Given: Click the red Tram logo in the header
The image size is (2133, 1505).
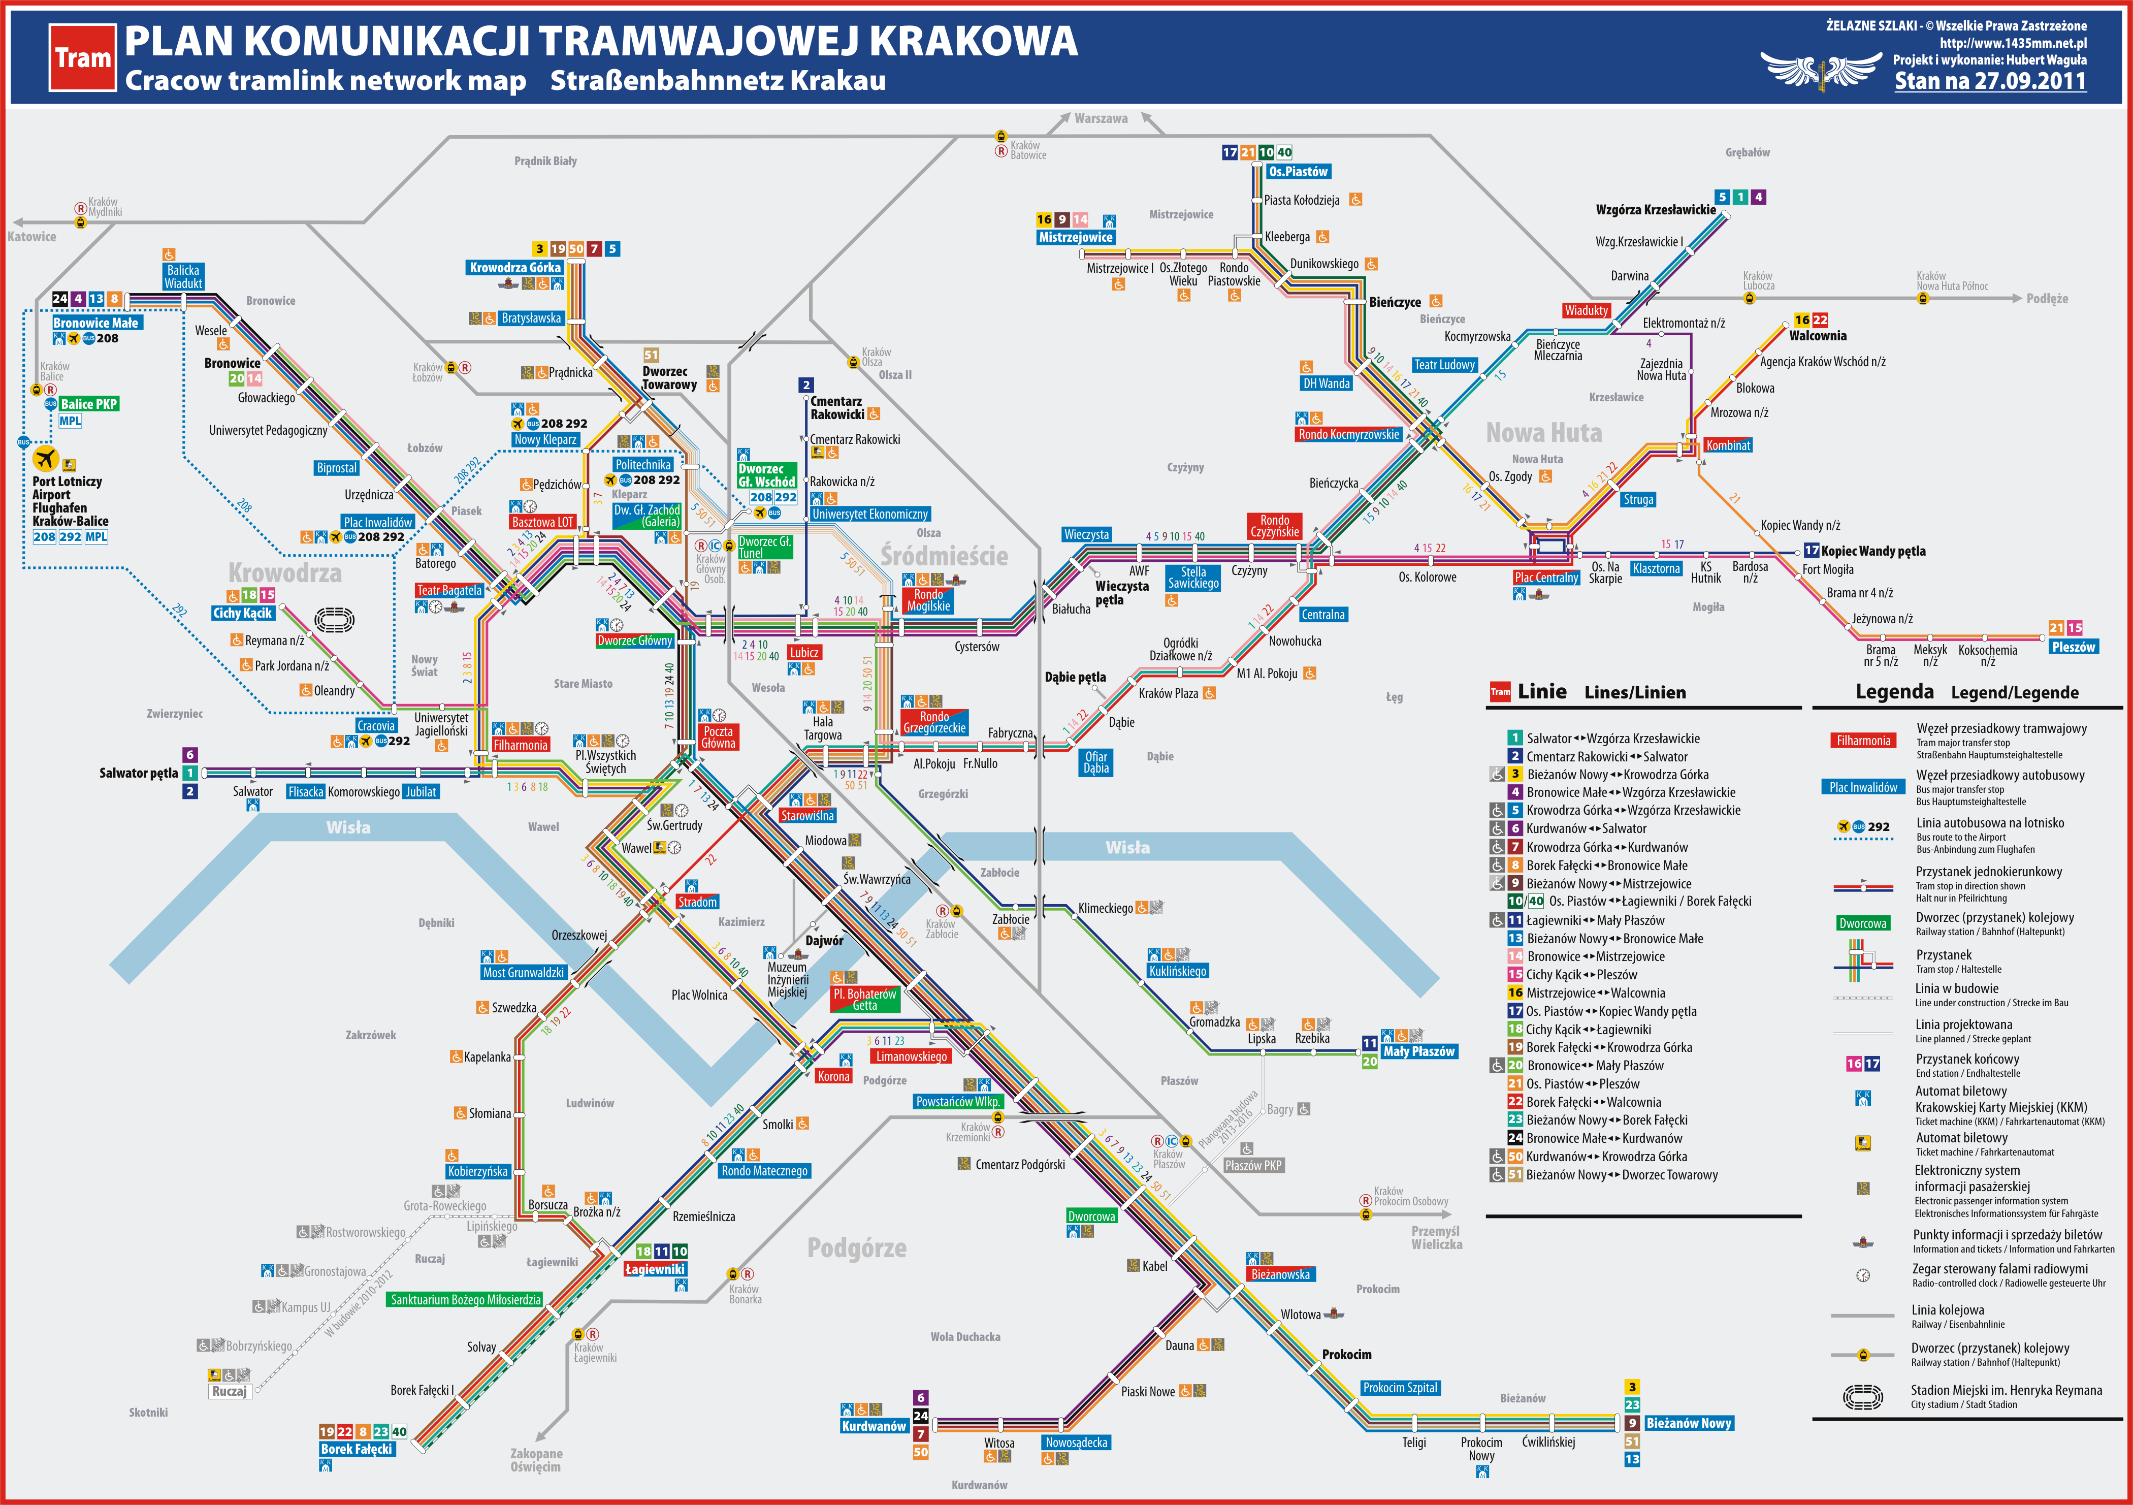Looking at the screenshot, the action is click(83, 57).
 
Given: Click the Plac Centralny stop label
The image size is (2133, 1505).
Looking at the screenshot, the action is click(1546, 578).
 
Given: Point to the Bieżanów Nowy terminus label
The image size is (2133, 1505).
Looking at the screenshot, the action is click(1688, 1423).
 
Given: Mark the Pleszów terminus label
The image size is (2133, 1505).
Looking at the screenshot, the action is click(2074, 647).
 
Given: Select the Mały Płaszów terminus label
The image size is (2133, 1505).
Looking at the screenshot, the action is click(1418, 1051).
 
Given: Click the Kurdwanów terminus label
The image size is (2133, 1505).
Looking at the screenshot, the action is click(874, 1426).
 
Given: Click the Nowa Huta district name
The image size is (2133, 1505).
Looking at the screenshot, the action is click(1544, 433).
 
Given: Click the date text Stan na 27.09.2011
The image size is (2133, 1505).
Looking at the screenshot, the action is click(1990, 81).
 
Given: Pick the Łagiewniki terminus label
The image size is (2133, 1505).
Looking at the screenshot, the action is click(655, 1269).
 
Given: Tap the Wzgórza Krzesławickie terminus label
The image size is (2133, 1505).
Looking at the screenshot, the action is click(1656, 210).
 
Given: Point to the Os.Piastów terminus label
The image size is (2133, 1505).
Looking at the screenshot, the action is click(1299, 172).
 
